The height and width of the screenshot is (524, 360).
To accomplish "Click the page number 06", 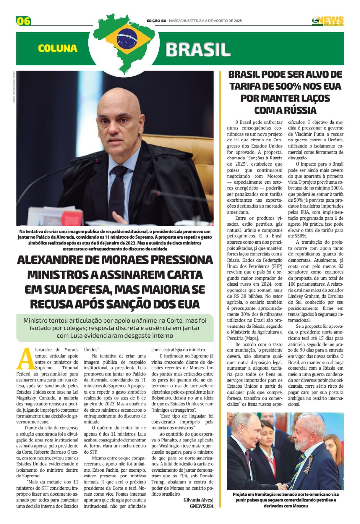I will click(x=24, y=21).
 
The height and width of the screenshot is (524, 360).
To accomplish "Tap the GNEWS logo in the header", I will click(x=328, y=21).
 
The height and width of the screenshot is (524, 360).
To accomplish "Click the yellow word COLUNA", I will click(x=58, y=48).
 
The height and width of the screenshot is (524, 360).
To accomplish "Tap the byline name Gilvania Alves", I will click(x=198, y=500).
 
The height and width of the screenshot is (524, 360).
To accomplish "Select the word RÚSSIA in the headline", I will click(x=297, y=110).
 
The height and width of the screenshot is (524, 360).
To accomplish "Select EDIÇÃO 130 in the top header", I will click(x=156, y=21).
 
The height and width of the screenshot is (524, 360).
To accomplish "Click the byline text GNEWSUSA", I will click(x=201, y=506).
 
